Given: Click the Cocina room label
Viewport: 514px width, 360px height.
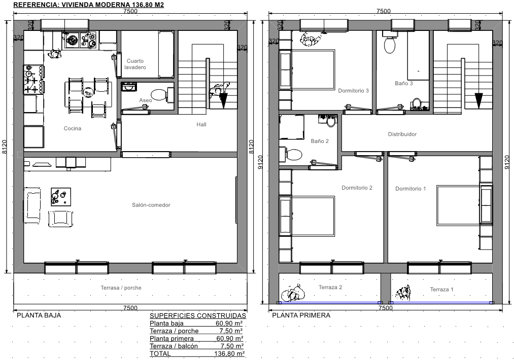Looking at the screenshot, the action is point(73,128).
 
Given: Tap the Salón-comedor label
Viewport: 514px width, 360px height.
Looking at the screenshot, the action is point(151,205).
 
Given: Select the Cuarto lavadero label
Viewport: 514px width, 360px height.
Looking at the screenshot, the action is point(135,64).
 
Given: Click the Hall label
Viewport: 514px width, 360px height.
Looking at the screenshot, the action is point(201,124).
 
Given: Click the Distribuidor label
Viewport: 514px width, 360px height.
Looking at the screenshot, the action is point(402,134).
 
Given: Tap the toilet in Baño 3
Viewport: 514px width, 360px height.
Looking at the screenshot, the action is point(390,45).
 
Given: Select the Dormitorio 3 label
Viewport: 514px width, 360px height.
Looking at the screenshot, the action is point(353,91).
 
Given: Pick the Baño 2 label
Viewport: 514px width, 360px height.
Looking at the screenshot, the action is point(320,141).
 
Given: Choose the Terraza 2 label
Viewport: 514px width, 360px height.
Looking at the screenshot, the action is point(330,287).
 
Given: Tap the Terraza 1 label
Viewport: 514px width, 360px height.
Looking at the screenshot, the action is point(441,290).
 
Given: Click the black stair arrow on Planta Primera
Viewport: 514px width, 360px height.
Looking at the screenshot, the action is point(478,101).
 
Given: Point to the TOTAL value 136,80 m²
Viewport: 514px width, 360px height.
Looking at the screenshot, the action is point(229,354).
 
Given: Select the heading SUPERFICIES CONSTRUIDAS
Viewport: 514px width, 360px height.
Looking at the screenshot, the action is point(198,316).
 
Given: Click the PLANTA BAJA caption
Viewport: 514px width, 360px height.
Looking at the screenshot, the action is point(39,315).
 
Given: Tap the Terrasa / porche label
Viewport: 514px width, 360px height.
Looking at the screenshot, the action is point(121,288).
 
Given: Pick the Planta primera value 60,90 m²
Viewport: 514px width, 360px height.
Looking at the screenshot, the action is point(229,339).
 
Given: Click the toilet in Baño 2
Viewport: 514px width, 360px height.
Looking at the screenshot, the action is point(294,155).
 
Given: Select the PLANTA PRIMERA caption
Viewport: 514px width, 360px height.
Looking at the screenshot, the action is point(301,315).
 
